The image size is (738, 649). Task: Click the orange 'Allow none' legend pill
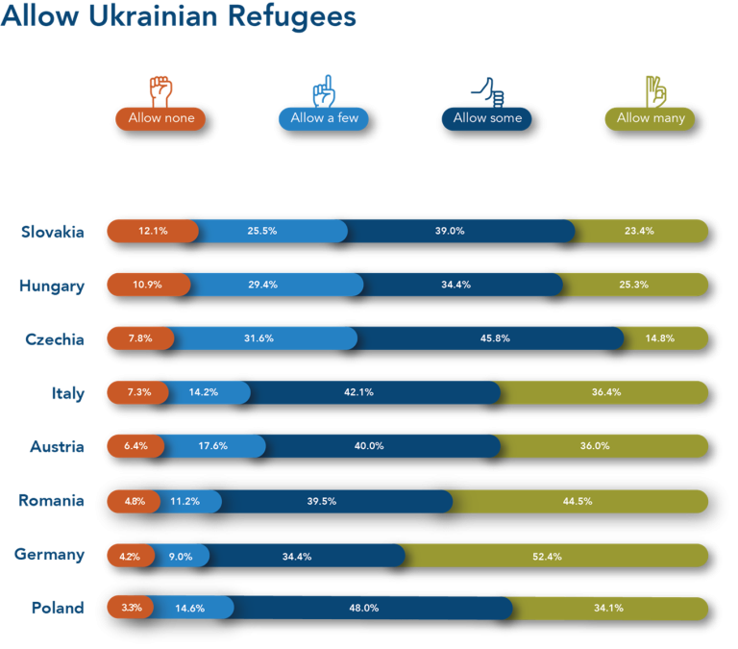click(x=160, y=118)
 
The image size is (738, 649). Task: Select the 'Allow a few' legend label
click(x=323, y=118)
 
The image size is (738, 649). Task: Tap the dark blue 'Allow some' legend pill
click(x=487, y=118)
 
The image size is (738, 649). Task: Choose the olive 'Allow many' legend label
click(x=650, y=118)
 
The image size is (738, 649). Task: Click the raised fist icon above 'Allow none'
click(x=160, y=90)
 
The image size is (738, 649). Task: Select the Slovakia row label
click(x=53, y=232)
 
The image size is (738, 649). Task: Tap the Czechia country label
click(x=56, y=339)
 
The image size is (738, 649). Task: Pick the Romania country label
click(x=51, y=501)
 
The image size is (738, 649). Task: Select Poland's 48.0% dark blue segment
click(x=371, y=609)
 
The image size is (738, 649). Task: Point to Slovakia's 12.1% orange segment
click(x=152, y=231)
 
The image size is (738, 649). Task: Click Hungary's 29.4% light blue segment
click(x=277, y=286)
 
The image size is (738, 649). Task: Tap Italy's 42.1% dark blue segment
click(x=375, y=393)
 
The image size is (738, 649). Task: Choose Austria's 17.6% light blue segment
click(x=213, y=447)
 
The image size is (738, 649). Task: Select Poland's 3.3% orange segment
click(x=131, y=609)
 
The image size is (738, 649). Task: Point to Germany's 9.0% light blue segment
click(x=182, y=555)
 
